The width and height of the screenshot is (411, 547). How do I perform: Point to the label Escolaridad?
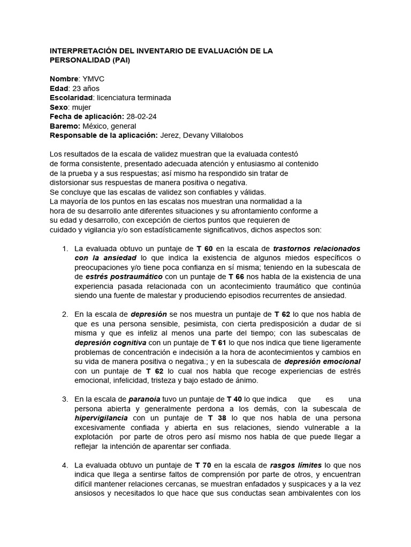click(71, 98)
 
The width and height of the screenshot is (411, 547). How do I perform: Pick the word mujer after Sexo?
click(81, 107)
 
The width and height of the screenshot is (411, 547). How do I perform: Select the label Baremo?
click(65, 126)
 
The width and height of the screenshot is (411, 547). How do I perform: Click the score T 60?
click(205, 249)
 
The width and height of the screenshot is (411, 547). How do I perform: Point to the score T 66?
click(237, 277)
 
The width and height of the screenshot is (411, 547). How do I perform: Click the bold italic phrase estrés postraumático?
click(125, 277)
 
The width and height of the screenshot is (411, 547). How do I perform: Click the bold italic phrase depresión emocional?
click(322, 362)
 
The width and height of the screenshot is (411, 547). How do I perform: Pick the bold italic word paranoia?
click(144, 399)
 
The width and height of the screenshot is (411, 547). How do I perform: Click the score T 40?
click(235, 399)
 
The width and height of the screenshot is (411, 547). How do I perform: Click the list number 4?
click(65, 465)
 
